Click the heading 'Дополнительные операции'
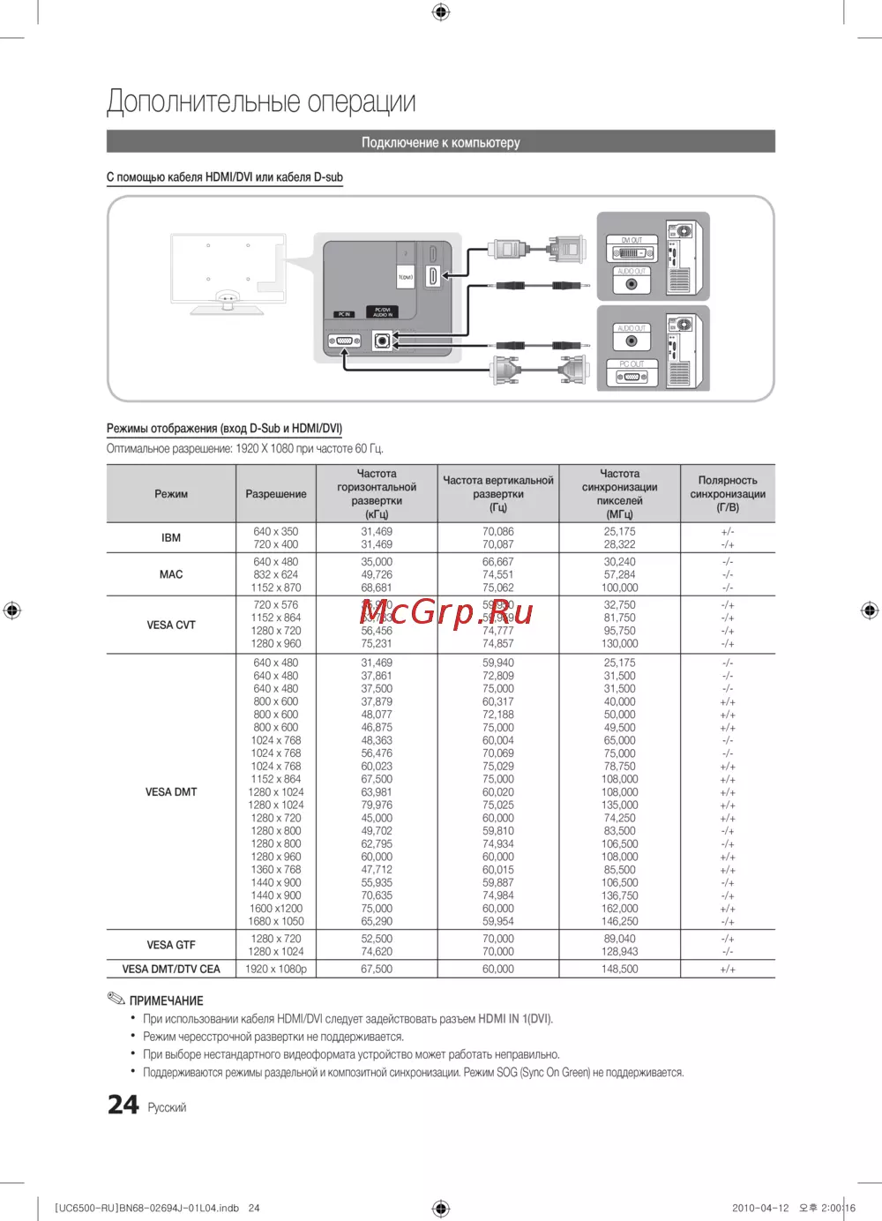[x=261, y=102]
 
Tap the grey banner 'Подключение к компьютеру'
[x=440, y=142]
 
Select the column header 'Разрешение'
[x=276, y=494]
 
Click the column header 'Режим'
[x=171, y=494]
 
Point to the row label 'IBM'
[x=171, y=538]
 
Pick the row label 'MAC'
[x=171, y=574]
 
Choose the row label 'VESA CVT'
[x=171, y=625]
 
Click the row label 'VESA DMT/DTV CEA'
[x=171, y=969]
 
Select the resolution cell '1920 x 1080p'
[x=276, y=969]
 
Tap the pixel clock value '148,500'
[x=620, y=969]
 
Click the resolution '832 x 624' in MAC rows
[x=276, y=574]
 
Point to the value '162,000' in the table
[x=620, y=909]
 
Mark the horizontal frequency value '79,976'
[x=377, y=805]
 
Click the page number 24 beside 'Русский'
[x=123, y=1105]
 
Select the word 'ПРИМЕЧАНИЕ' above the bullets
[x=166, y=1000]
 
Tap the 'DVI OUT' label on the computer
[x=632, y=240]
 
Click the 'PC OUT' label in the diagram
[x=632, y=363]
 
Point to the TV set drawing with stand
[x=228, y=273]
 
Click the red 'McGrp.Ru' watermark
[x=446, y=611]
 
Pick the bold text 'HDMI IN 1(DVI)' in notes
[x=515, y=1019]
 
